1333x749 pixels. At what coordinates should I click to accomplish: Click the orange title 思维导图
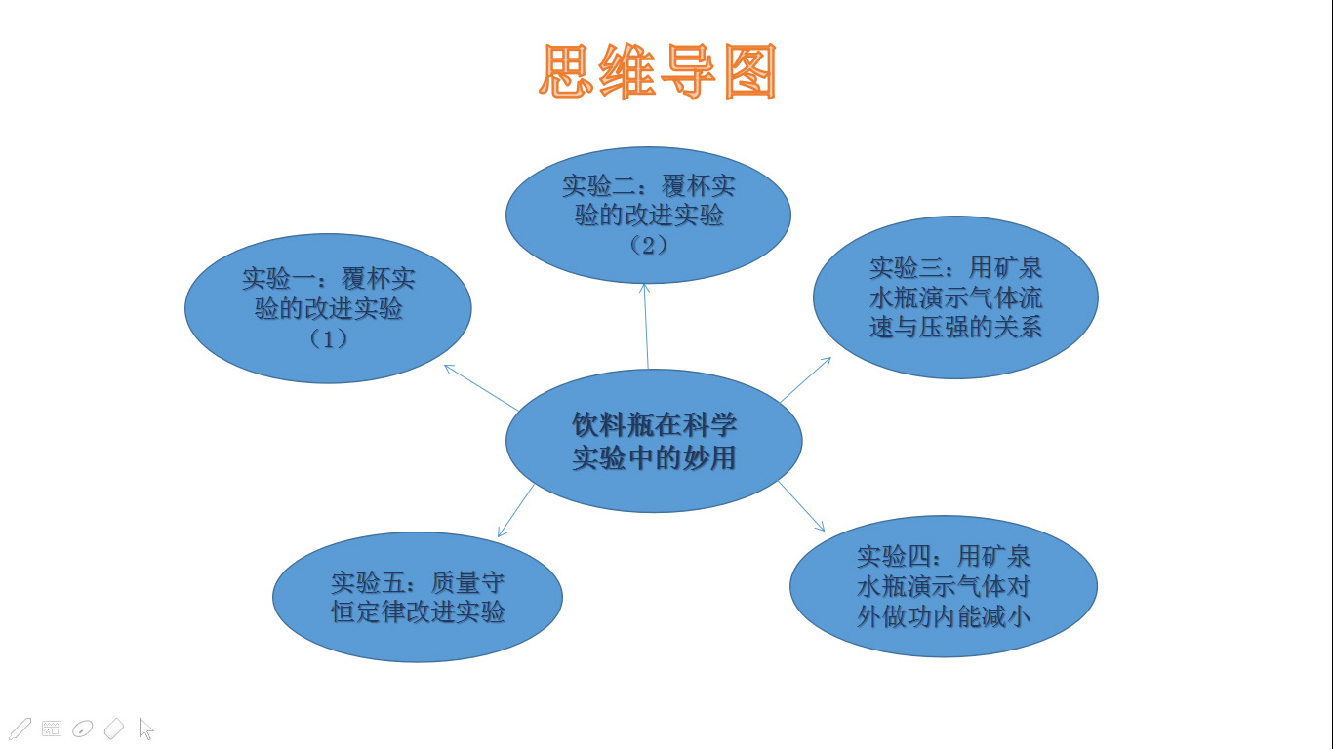(658, 71)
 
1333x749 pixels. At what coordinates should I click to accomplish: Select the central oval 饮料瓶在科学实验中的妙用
(654, 441)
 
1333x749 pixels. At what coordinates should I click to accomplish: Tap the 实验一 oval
(328, 308)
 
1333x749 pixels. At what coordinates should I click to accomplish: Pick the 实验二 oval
(648, 215)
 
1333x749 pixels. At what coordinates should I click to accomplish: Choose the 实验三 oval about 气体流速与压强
(955, 296)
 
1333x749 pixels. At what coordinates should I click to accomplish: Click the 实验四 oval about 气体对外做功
(944, 586)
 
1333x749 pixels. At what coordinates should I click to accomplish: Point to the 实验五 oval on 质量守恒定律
(418, 597)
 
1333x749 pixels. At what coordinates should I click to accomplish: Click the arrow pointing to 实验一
(481, 387)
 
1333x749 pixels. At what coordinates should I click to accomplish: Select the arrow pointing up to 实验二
(646, 326)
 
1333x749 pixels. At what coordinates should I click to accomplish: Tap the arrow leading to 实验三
(805, 379)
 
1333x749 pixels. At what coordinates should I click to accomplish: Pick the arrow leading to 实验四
(801, 506)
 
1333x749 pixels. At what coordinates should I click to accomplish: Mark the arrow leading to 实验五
(515, 511)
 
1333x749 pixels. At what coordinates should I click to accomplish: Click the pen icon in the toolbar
(20, 729)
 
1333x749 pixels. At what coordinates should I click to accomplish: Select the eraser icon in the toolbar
(113, 729)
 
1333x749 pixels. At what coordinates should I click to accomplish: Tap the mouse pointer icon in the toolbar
(145, 729)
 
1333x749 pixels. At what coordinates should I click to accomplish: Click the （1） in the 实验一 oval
(328, 339)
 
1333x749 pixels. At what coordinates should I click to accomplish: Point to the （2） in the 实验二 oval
(648, 245)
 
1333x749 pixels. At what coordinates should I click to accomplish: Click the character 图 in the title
(750, 71)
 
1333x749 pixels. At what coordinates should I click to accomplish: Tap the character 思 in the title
(566, 71)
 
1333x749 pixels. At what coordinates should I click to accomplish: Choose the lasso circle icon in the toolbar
(82, 729)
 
